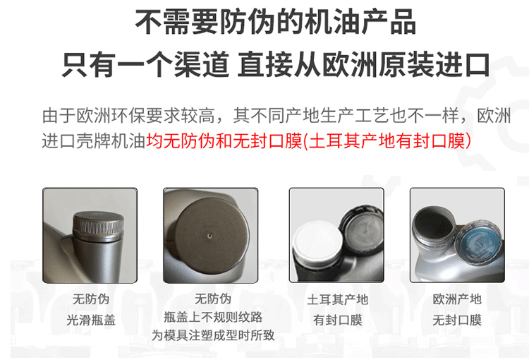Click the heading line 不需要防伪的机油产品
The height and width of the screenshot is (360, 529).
[x=275, y=23]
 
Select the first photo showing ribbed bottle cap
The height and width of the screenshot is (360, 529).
[x=90, y=234]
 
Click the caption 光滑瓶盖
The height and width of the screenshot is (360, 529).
[x=91, y=320]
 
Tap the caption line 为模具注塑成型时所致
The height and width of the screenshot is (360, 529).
[x=212, y=336]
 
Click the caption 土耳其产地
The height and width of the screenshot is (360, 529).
[x=337, y=299]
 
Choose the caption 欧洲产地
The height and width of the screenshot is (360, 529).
[x=457, y=299]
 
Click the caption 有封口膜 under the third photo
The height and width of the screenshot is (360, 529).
[x=337, y=320]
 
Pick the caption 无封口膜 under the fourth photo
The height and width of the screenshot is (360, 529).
[x=457, y=320]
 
